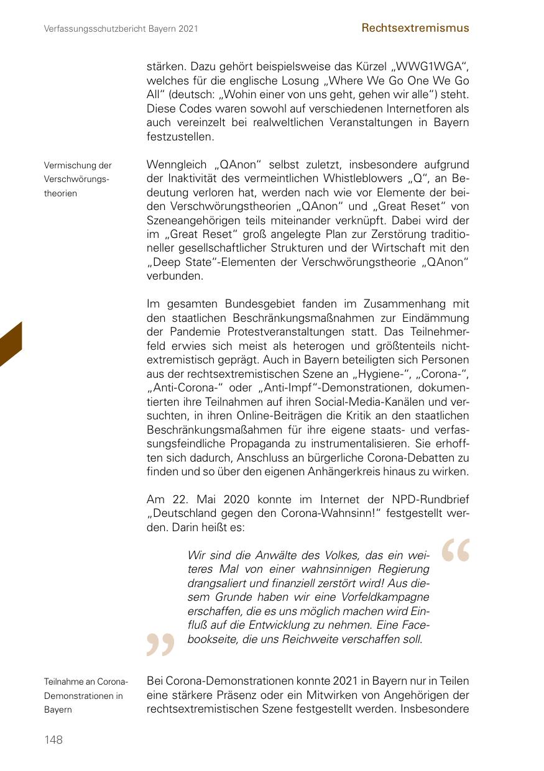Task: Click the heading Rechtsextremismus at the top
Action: [415, 28]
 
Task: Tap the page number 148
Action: [53, 739]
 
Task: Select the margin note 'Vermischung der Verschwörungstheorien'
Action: [78, 179]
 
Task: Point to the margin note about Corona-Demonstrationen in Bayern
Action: [85, 695]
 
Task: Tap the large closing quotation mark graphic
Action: [160, 644]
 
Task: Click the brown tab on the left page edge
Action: [11, 345]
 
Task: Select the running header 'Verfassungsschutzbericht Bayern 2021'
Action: [121, 29]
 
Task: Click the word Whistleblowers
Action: [354, 179]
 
